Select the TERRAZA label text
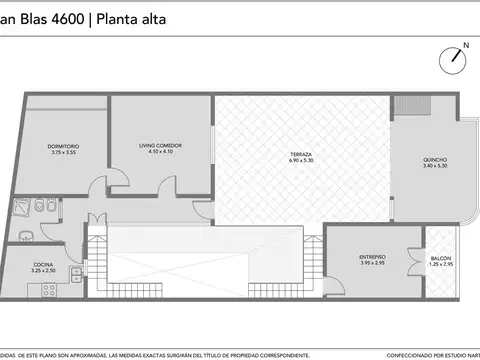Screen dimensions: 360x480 301,154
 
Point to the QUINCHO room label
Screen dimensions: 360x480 435,159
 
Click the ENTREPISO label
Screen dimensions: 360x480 373,257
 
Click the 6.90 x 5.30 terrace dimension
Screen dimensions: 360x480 301,161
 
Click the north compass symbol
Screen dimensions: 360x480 456,57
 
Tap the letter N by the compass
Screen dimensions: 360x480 466,46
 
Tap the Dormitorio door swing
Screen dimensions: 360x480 96,187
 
